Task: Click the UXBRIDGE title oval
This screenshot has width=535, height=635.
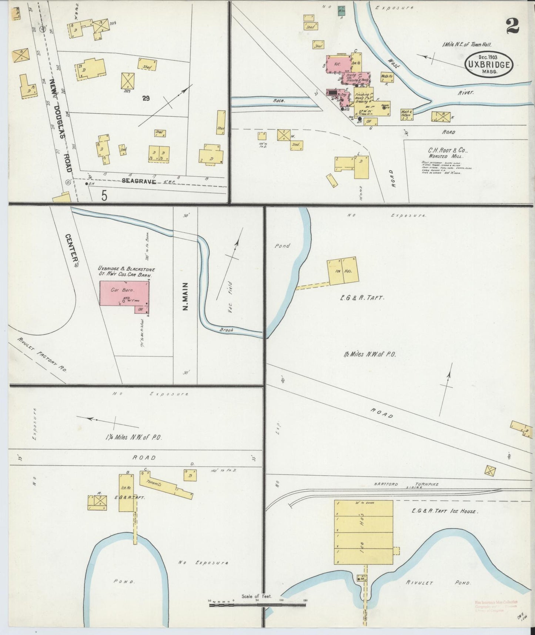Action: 489,64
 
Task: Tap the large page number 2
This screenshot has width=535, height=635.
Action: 512,26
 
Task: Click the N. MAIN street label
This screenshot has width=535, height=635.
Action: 185,296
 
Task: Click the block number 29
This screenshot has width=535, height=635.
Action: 146,98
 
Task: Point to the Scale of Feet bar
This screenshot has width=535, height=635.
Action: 258,605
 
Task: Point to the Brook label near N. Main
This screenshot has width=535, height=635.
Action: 225,329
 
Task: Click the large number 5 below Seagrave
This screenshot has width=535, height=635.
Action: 104,195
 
